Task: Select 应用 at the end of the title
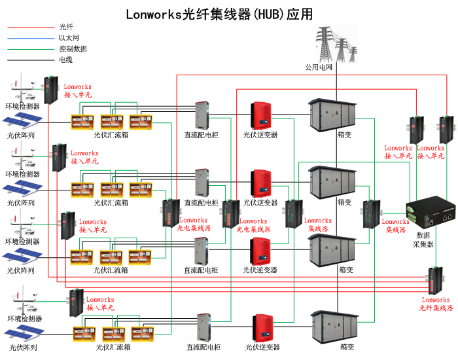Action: (299, 14)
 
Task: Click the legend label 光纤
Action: (66, 27)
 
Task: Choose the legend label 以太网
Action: (69, 38)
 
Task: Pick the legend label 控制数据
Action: (73, 49)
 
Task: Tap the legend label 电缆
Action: (66, 60)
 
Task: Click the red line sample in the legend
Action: (29, 27)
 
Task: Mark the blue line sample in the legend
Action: (29, 38)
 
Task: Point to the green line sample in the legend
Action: (29, 49)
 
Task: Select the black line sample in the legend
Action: (29, 60)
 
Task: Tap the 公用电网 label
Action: (319, 67)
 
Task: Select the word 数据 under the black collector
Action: (423, 234)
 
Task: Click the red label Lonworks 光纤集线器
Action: (436, 304)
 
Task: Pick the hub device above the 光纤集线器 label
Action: (436, 280)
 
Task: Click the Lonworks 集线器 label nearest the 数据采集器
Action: (396, 226)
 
